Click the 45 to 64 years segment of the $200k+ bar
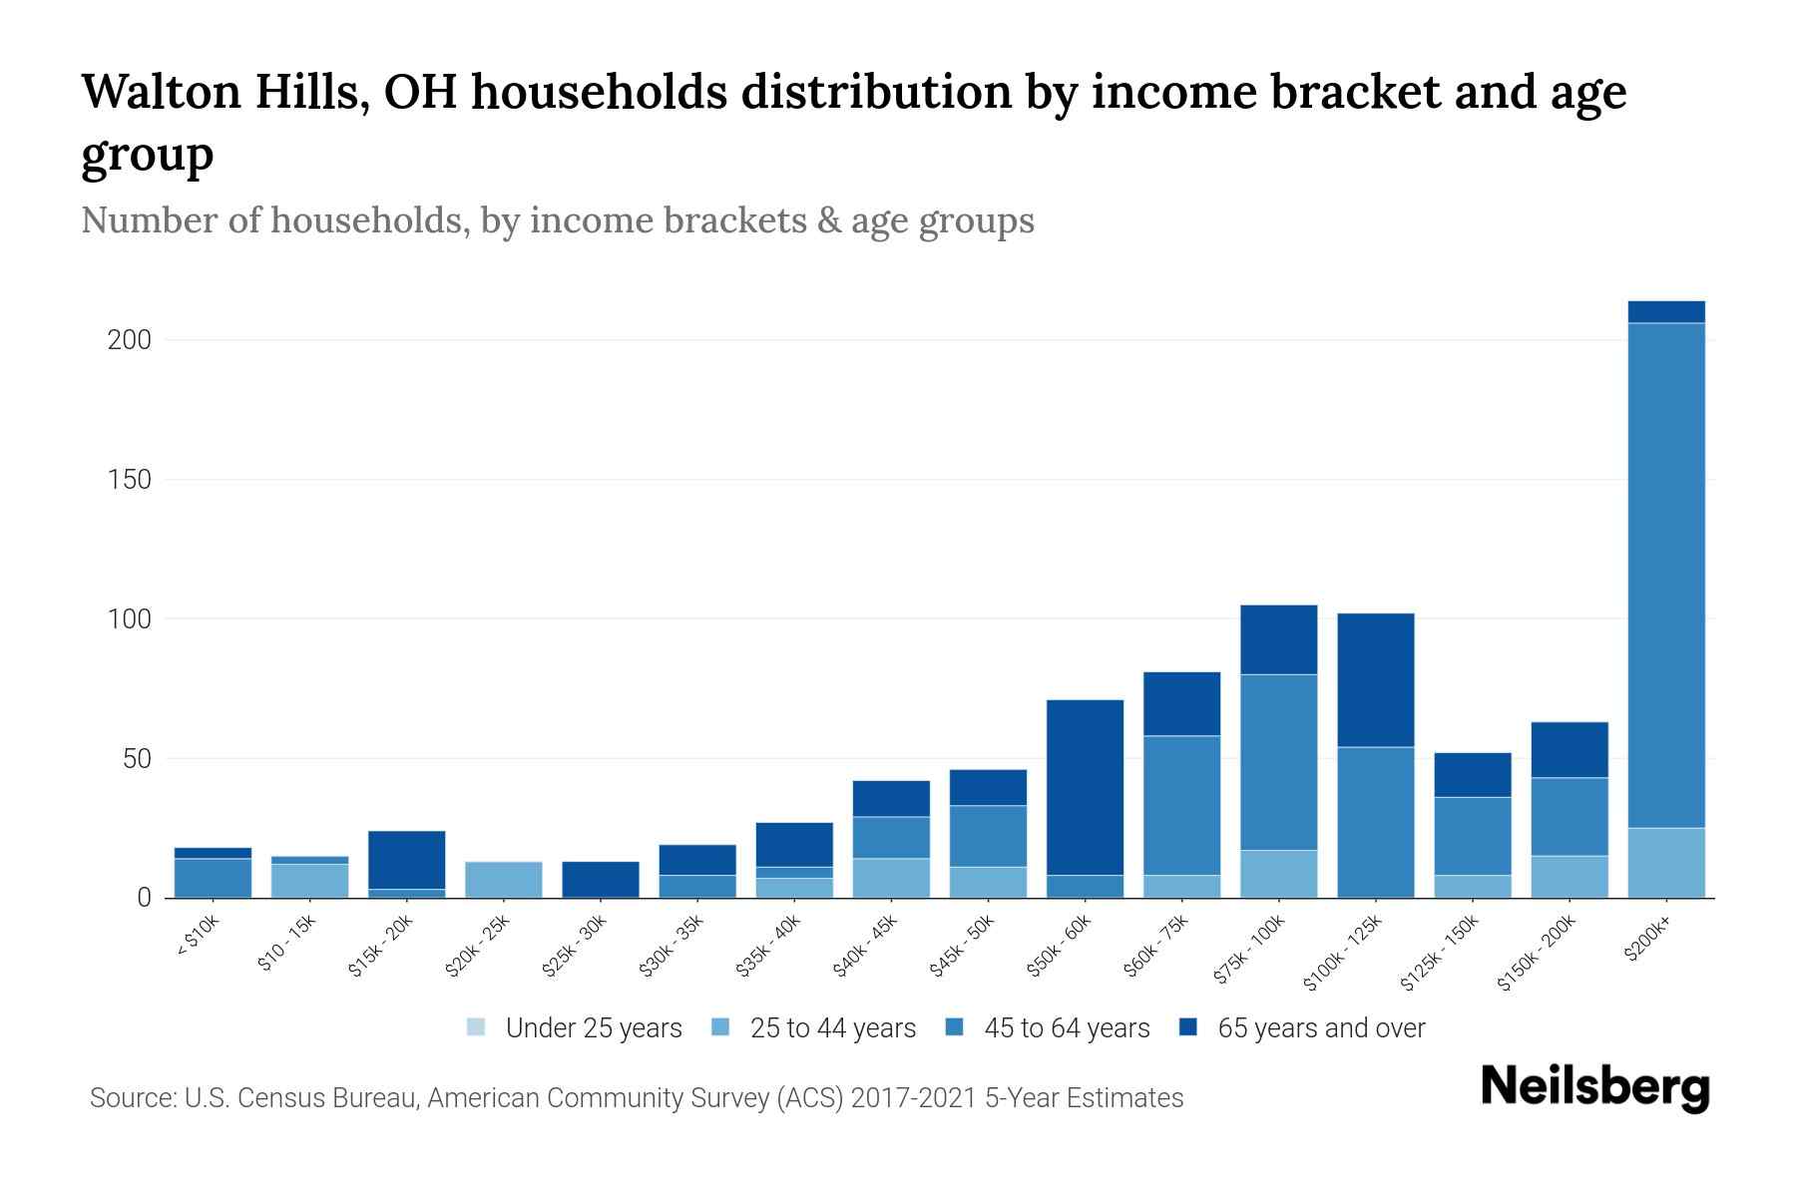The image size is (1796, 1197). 1666,576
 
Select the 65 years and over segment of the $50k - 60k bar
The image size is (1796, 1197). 1085,788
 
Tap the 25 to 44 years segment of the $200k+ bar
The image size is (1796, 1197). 1666,863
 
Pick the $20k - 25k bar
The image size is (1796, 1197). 504,880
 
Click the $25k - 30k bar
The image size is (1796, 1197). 601,880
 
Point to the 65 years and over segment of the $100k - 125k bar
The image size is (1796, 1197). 1376,680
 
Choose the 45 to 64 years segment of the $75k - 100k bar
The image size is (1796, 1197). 1279,762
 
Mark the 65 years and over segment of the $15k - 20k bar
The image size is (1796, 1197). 407,860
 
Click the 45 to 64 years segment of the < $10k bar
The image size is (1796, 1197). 213,878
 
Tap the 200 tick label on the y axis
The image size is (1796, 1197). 130,340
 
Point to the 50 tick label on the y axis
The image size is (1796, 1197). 137,759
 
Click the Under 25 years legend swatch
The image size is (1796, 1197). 476,1027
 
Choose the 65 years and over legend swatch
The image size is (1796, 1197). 1188,1027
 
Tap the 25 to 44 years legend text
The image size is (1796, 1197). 833,1028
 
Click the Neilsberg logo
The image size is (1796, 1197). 1595,1087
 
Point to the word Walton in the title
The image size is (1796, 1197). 162,92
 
